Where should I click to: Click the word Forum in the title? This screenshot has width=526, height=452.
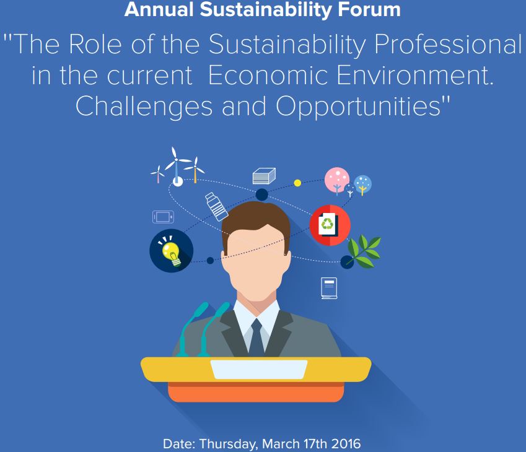coord(369,9)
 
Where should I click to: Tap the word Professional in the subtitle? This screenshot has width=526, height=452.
coord(448,44)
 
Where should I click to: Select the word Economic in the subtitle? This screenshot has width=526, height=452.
coord(268,75)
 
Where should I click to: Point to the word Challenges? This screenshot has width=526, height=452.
coord(144,106)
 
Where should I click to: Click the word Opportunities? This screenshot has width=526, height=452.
coord(358,106)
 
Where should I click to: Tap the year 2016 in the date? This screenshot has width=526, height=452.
coord(346,443)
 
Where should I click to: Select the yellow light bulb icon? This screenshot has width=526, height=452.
coord(171,251)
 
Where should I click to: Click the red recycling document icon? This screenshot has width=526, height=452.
coord(330,225)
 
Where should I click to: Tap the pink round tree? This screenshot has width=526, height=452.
coord(337,181)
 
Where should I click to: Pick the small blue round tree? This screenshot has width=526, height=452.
coord(362,185)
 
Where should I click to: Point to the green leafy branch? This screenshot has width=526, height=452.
coord(364,251)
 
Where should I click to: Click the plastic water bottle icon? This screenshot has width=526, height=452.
coord(216,207)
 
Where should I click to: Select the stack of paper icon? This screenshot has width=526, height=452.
coord(264,176)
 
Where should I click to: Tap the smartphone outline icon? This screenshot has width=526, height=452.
coord(164,217)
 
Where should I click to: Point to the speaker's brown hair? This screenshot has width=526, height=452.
coord(256,218)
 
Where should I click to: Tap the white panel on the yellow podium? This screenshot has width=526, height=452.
coord(258,370)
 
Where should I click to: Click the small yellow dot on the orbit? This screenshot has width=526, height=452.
coord(297,183)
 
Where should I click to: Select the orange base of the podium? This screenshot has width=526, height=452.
coord(256,393)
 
